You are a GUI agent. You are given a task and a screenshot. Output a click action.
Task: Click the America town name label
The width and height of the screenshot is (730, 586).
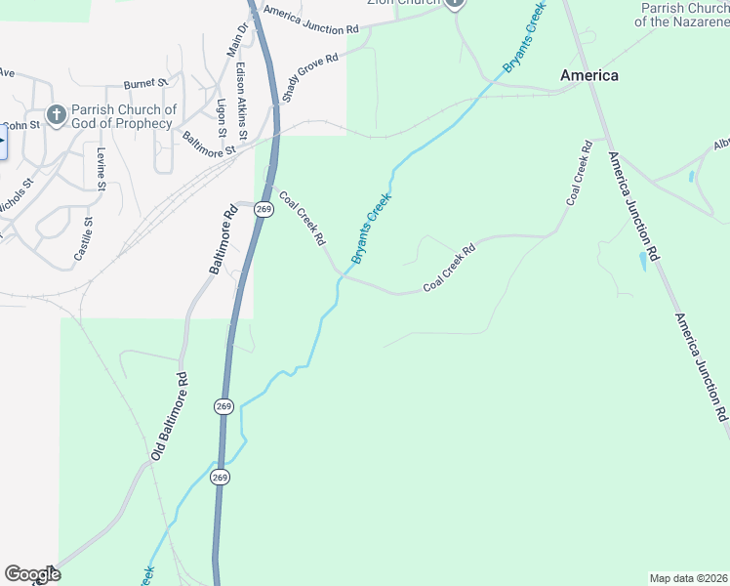[588, 75]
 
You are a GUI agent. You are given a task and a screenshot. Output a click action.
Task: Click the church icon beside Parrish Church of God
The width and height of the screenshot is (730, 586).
[56, 116]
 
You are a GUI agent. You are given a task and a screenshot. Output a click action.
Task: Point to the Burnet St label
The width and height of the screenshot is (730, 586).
[146, 85]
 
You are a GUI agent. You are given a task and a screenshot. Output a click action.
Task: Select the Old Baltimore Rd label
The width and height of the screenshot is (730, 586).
[168, 416]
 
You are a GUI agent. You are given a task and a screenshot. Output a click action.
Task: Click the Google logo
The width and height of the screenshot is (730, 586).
[32, 573]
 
